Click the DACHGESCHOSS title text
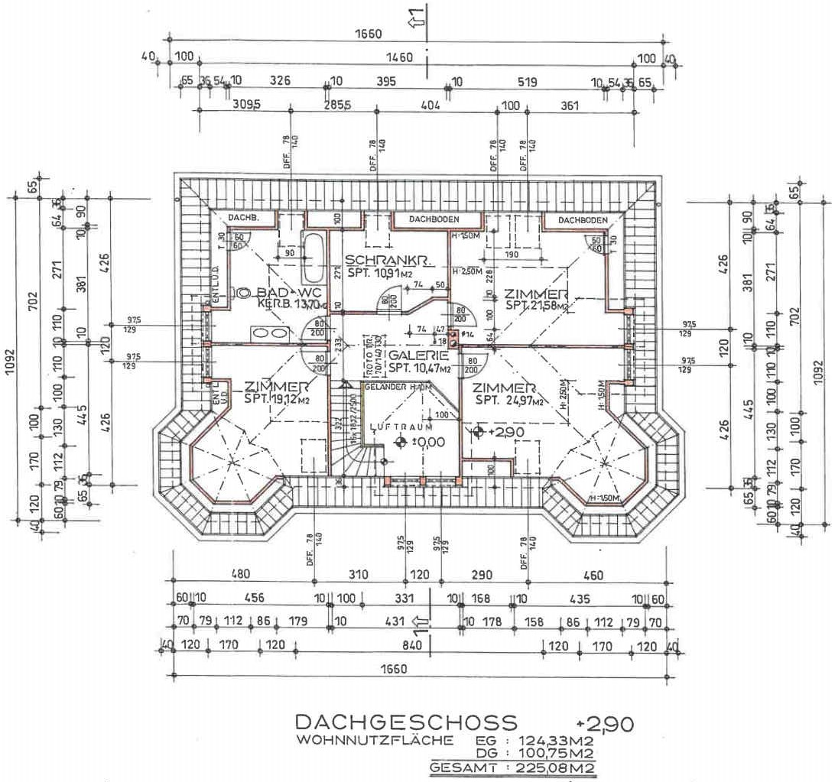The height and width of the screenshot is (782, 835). pos(406,722)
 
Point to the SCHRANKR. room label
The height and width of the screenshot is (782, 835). pos(389,261)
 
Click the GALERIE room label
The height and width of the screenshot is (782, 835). pos(417,355)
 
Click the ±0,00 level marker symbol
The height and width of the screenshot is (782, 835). pos(401,442)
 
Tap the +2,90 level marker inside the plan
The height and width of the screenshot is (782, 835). pos(479,433)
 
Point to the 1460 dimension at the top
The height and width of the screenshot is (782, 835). pos(399,57)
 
